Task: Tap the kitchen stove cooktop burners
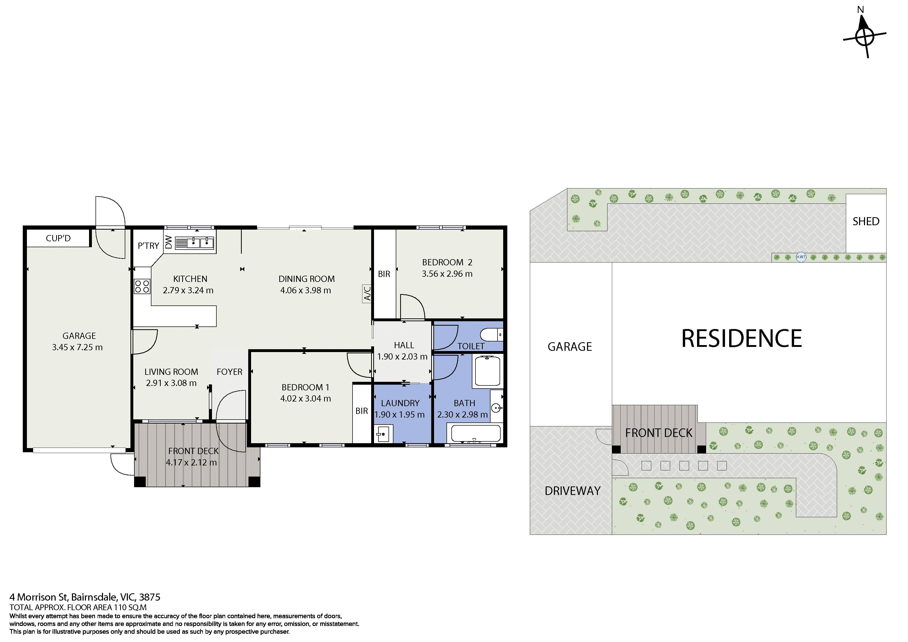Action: click(142, 286)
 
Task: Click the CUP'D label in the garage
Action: click(58, 238)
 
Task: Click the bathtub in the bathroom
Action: click(476, 434)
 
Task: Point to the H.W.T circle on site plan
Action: click(801, 257)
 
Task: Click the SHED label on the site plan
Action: click(866, 222)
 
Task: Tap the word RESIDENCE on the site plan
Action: click(742, 339)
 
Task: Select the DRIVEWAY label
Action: click(572, 491)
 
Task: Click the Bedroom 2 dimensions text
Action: click(447, 274)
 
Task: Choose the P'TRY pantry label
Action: click(148, 246)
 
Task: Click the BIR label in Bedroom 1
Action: click(361, 411)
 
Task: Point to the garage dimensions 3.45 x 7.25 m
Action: click(77, 347)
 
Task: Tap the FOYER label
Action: click(229, 372)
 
